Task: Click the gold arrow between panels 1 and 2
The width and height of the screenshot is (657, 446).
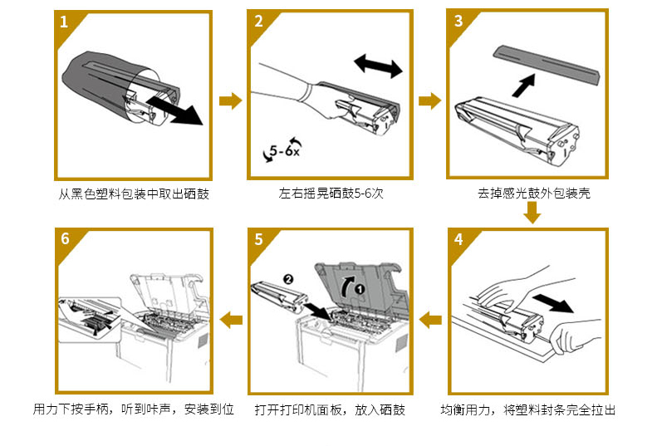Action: pyautogui.click(x=230, y=101)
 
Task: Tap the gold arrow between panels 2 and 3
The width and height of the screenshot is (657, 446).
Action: pyautogui.click(x=429, y=101)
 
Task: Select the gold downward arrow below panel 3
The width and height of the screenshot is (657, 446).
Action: pyautogui.click(x=532, y=213)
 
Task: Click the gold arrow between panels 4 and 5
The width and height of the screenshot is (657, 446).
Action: pyautogui.click(x=429, y=318)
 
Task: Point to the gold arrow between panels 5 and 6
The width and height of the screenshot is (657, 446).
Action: pyautogui.click(x=230, y=318)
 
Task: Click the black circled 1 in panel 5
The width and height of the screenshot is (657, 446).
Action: pyautogui.click(x=359, y=288)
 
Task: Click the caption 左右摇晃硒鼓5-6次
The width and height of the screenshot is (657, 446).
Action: pyautogui.click(x=331, y=194)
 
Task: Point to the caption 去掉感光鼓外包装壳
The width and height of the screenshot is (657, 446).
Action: pyautogui.click(x=534, y=194)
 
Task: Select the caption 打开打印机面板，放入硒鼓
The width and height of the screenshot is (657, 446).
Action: pyautogui.click(x=330, y=409)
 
